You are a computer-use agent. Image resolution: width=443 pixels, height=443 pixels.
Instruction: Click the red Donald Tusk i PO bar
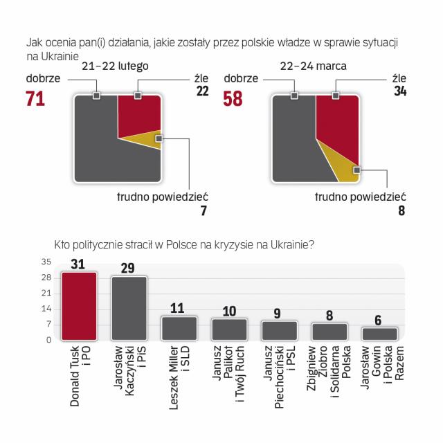[x=79, y=305]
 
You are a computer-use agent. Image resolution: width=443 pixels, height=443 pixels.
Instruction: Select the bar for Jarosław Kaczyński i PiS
[x=129, y=308]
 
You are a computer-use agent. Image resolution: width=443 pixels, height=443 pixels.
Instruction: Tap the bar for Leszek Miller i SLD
[x=179, y=328]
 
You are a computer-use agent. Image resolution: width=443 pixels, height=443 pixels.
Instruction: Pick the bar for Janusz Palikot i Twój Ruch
[x=229, y=329]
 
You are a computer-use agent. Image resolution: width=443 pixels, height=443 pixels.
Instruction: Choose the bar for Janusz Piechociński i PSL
[x=279, y=330]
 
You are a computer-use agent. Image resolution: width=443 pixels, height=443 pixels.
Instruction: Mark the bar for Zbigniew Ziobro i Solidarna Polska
[x=329, y=331]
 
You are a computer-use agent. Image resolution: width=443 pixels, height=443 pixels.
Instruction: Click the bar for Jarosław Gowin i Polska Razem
[x=379, y=334]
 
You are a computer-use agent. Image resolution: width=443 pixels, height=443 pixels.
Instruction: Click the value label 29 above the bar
[x=129, y=267]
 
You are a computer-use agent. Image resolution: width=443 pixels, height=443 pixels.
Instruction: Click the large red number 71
[x=35, y=99]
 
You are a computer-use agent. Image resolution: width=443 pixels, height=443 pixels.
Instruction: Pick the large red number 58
[x=233, y=99]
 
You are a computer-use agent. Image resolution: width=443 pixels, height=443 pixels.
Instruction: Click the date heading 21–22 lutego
[x=115, y=66]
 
